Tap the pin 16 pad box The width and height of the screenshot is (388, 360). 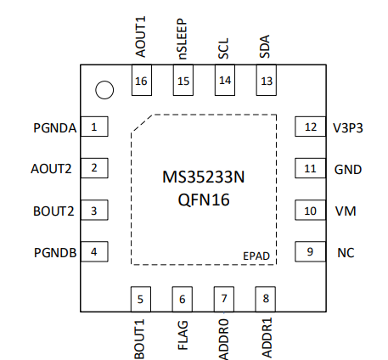[142, 80]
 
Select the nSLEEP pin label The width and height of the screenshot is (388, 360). [182, 39]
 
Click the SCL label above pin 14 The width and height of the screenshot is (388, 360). [223, 48]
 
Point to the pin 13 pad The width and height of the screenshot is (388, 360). [267, 80]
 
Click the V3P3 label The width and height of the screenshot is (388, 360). [348, 128]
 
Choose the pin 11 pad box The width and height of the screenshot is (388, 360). [310, 168]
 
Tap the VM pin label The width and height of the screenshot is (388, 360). [346, 211]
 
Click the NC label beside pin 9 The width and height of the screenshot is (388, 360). [346, 253]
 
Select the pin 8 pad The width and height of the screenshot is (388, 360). [265, 299]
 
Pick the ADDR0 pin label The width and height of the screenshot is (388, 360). [223, 340]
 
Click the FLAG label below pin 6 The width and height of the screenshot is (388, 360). [183, 335]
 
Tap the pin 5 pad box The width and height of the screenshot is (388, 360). [141, 299]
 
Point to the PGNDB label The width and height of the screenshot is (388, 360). [55, 253]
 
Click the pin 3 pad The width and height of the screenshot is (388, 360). [94, 210]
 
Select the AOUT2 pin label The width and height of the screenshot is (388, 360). [51, 169]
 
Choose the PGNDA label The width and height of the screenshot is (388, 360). [55, 128]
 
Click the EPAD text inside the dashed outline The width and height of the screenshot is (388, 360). [256, 256]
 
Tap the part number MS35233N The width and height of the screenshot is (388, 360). [204, 177]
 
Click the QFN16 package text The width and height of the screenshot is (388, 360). [204, 200]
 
